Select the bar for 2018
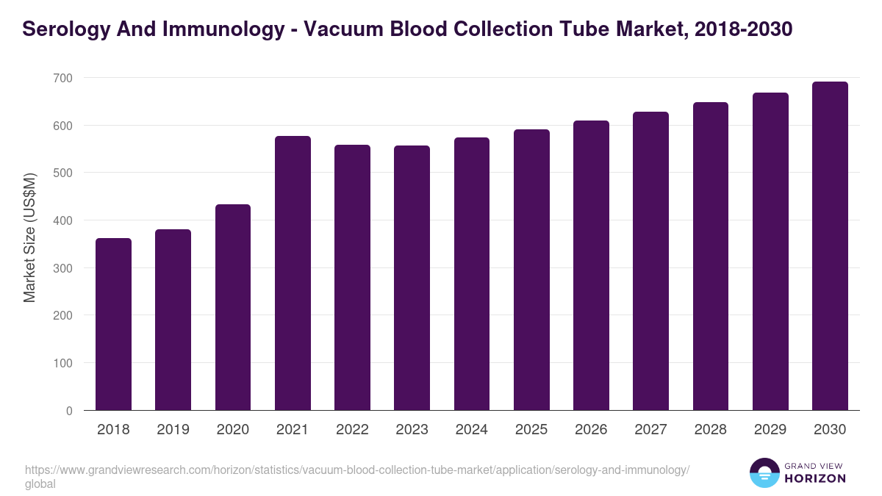tap(113, 324)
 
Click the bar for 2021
tap(293, 273)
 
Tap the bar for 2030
tap(830, 246)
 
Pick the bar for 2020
tap(233, 307)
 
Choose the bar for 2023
tap(412, 278)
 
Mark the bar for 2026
tap(591, 265)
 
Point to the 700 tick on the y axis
tap(63, 78)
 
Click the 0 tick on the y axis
tap(69, 411)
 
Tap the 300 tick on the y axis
tap(63, 268)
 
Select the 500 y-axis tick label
tap(63, 173)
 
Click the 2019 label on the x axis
tap(173, 430)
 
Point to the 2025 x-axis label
tap(531, 430)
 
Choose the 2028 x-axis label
tap(710, 430)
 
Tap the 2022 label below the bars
tap(352, 430)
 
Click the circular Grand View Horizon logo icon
tap(764, 472)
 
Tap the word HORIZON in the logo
tap(816, 478)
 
